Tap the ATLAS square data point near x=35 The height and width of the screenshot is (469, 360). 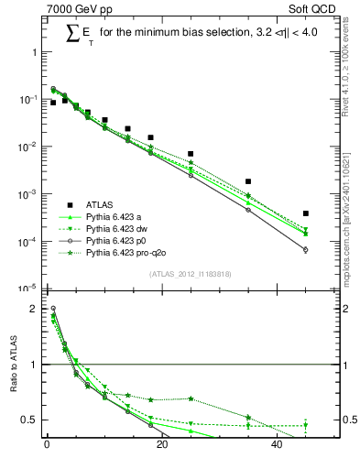click(x=248, y=181)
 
